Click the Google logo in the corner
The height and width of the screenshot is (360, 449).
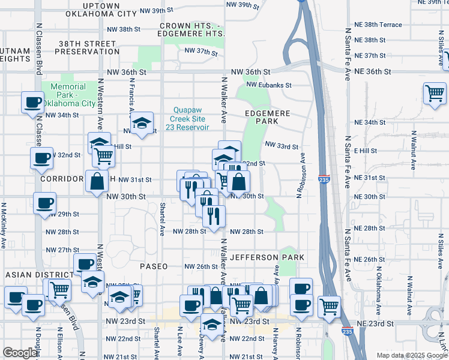point(20,353)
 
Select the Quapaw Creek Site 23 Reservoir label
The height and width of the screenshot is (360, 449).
point(191,118)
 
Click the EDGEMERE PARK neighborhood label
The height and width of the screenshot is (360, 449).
point(268,117)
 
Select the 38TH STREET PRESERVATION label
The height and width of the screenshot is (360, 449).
point(87,47)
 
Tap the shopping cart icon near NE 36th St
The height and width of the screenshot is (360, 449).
point(434,94)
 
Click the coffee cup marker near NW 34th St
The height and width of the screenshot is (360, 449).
point(32,101)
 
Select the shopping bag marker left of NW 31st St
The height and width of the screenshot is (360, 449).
point(97,181)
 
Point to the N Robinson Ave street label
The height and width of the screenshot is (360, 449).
point(298,178)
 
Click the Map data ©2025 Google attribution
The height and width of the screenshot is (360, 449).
point(412,355)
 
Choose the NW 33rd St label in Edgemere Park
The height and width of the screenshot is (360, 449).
point(281,146)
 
